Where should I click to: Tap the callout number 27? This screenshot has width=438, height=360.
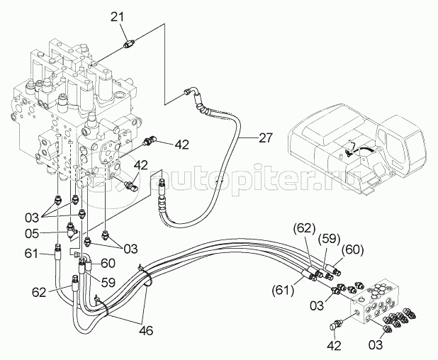tap(266, 138)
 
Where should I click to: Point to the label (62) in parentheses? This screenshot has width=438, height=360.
tap(304, 228)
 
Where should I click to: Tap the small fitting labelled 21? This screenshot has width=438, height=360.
tap(129, 44)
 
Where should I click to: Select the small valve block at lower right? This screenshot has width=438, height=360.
tap(375, 299)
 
